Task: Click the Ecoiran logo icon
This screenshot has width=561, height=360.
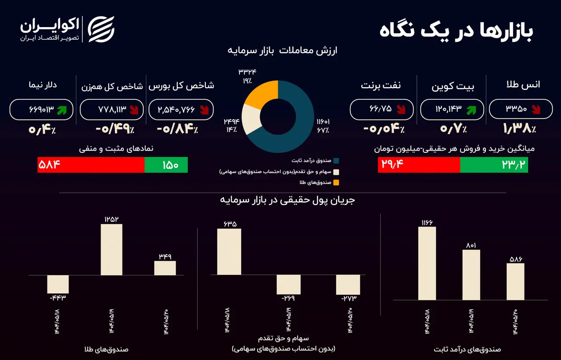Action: point(101,29)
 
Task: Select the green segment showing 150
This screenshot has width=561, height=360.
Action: point(166,165)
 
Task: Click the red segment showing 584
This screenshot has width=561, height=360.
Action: point(91,165)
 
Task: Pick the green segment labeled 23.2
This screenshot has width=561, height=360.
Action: point(494,165)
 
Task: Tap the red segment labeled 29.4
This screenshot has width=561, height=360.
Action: point(419,165)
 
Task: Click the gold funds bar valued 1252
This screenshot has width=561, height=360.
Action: point(111,249)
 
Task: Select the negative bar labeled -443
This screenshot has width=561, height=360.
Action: point(58,284)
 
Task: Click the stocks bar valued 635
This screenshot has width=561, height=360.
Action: point(229,252)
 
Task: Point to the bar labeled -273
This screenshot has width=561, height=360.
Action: point(348,284)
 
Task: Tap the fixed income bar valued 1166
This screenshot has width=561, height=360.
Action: point(427,263)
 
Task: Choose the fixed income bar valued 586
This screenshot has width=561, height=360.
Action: point(515,281)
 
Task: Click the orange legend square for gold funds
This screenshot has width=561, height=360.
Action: point(336,182)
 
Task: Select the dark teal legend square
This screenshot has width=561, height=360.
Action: point(336,161)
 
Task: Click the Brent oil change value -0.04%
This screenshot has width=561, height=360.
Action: point(385,129)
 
